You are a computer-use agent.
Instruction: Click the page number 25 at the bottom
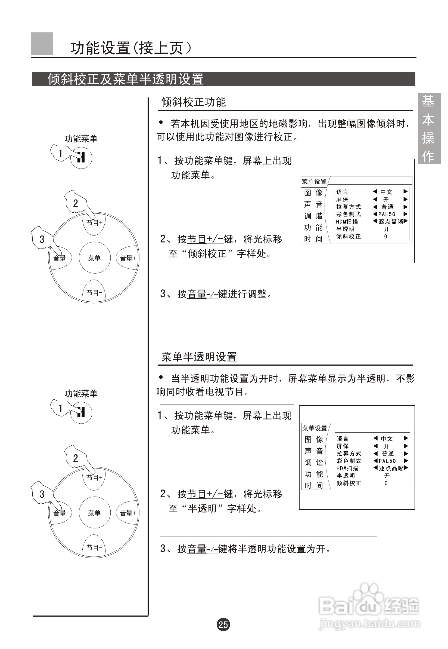(x=223, y=624)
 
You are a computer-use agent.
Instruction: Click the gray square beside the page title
(x=42, y=44)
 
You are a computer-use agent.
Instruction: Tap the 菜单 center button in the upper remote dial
(x=94, y=258)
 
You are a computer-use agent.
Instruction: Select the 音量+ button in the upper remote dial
(x=128, y=258)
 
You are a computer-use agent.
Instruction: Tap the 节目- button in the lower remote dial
(x=94, y=547)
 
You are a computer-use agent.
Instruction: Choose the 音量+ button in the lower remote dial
(x=128, y=513)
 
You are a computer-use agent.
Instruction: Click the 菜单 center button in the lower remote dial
(x=94, y=513)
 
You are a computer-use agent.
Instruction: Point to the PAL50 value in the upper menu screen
(x=387, y=214)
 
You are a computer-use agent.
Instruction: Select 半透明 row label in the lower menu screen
(x=346, y=476)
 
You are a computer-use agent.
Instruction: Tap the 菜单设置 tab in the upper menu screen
(x=314, y=182)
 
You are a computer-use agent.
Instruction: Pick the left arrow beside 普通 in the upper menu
(x=375, y=207)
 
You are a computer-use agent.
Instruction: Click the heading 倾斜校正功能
(x=193, y=102)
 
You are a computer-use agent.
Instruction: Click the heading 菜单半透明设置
(x=199, y=357)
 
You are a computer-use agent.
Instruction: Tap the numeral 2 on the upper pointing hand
(x=76, y=203)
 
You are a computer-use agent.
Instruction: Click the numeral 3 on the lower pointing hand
(x=42, y=494)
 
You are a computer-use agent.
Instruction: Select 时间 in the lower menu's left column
(x=313, y=485)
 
